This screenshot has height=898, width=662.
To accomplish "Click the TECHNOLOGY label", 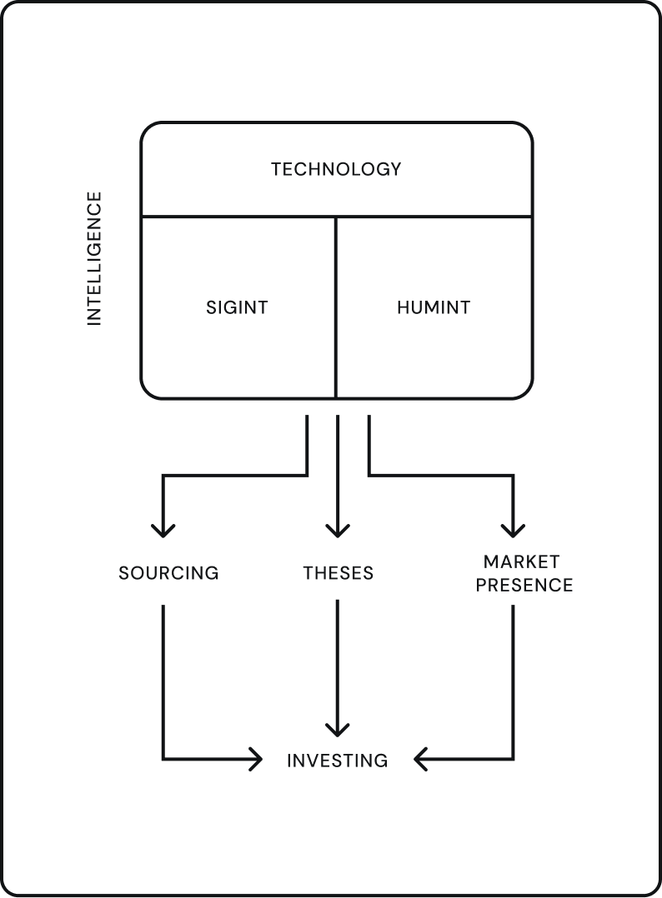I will (336, 169).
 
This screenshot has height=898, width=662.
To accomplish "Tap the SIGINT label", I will (237, 307).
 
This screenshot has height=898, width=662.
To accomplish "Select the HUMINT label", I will (433, 307).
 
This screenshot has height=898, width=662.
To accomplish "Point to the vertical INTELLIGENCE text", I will (94, 258).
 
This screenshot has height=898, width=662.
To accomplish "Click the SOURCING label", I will (168, 573).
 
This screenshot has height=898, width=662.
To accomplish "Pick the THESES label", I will (338, 573).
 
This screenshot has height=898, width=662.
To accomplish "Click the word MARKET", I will (521, 561).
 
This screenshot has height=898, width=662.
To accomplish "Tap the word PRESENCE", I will (524, 585).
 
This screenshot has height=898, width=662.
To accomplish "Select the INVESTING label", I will (337, 761).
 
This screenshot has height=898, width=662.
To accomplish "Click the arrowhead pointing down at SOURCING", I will (163, 530).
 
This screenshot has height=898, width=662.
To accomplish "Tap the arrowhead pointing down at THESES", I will (338, 530).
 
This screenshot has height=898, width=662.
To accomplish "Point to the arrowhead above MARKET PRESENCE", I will (513, 530).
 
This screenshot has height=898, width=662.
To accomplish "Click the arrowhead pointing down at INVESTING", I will (338, 730).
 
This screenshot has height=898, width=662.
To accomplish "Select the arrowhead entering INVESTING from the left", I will (257, 760).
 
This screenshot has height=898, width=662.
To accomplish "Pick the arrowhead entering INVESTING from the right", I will (419, 760).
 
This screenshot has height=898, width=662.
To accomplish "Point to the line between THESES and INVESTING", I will (338, 658).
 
